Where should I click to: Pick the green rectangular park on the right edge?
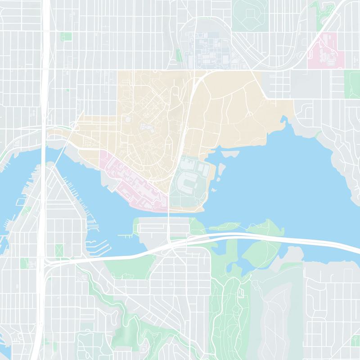352,84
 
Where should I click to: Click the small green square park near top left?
66,36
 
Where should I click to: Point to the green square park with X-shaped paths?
59,250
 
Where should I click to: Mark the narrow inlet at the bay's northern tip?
283,121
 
